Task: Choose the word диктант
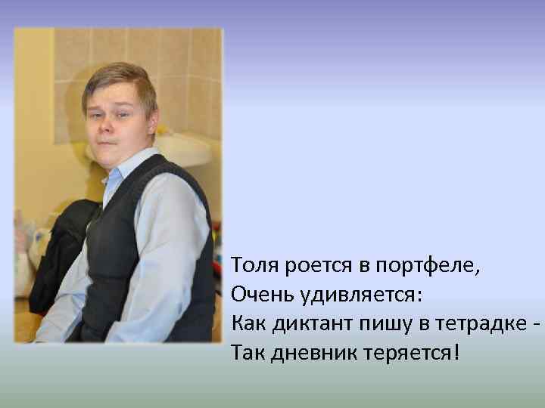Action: (x=306, y=323)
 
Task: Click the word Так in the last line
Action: (x=245, y=352)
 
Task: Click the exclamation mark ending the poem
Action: (x=456, y=351)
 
